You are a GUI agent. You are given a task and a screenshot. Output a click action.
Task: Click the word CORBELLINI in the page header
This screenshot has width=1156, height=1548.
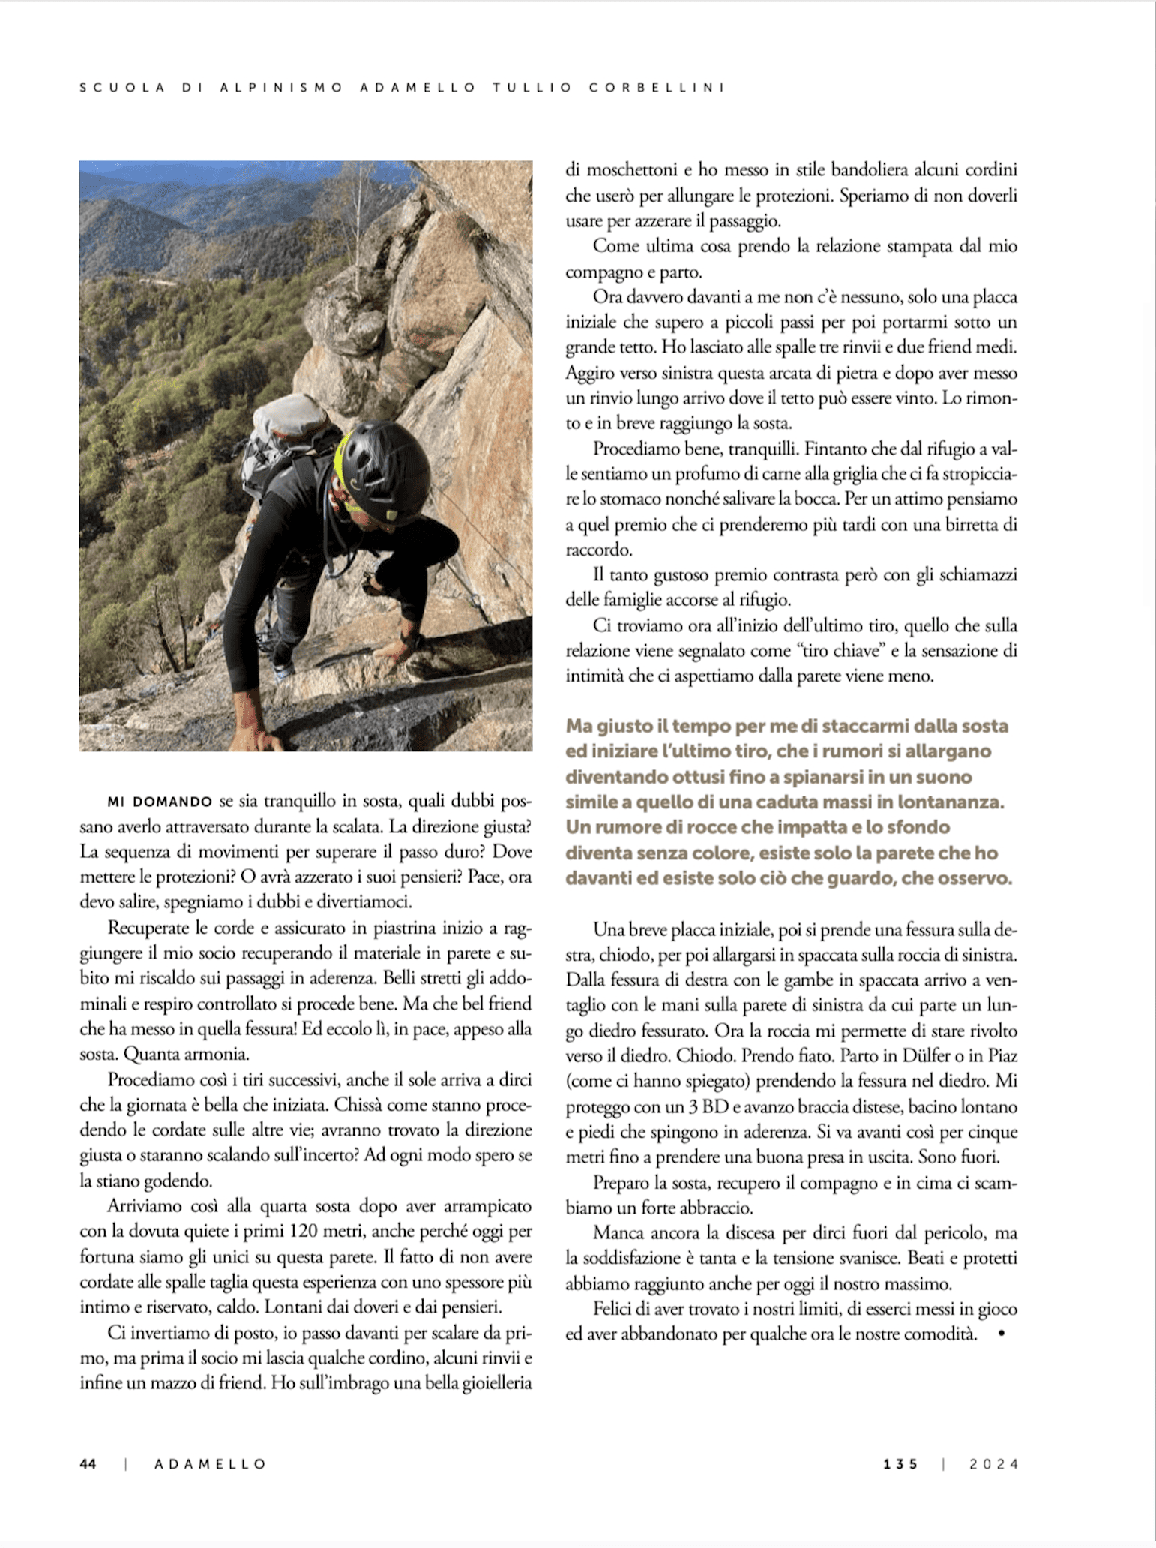pyautogui.click(x=657, y=87)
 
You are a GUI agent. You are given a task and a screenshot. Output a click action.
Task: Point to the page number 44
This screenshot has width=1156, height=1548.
pyautogui.click(x=88, y=1464)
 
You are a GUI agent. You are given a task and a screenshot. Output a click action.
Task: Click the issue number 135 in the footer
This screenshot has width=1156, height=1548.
pyautogui.click(x=900, y=1464)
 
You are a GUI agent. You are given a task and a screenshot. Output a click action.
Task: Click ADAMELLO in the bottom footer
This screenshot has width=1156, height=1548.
pyautogui.click(x=211, y=1464)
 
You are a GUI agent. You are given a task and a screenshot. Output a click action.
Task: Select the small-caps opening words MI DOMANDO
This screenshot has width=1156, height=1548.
pyautogui.click(x=160, y=802)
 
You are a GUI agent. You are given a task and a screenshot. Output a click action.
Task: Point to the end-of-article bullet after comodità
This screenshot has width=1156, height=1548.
pyautogui.click(x=1002, y=1334)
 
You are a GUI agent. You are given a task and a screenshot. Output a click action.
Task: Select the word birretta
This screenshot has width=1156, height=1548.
pyautogui.click(x=938, y=525)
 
